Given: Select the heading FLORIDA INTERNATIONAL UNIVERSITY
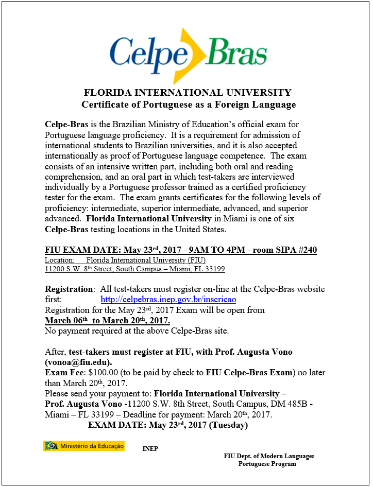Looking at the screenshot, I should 188,93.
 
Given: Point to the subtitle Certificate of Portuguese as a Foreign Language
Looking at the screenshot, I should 189,105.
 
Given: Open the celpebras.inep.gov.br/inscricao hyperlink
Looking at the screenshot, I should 168,299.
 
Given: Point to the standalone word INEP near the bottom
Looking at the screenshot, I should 150,449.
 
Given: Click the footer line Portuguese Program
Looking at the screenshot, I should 267,464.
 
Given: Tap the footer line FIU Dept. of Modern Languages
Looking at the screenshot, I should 269,456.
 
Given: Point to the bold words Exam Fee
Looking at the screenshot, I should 64,372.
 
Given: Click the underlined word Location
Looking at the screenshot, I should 59,260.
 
